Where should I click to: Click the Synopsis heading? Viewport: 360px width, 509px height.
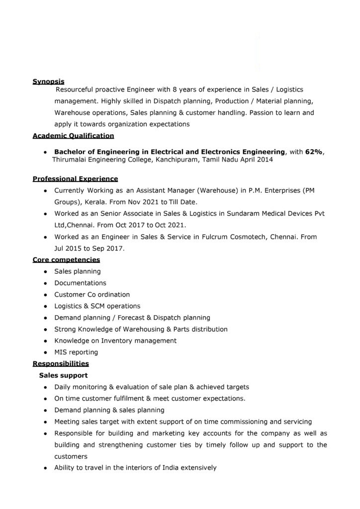click(48, 81)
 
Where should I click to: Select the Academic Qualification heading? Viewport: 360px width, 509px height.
click(73, 135)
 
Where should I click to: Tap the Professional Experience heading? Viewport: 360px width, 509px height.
click(75, 178)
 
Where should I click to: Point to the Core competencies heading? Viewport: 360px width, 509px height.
click(66, 259)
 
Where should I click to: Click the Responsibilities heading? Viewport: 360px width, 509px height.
click(61, 364)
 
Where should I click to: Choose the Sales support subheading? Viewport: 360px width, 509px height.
click(64, 375)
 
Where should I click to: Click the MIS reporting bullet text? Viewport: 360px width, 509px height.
click(76, 352)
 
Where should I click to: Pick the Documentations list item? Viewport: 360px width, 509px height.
click(80, 283)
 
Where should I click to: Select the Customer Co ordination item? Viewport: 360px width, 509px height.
click(92, 294)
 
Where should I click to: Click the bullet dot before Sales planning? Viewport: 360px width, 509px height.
click(45, 272)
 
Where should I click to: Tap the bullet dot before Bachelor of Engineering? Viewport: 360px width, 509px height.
click(45, 152)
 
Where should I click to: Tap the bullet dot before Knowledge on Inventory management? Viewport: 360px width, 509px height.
click(45, 341)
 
